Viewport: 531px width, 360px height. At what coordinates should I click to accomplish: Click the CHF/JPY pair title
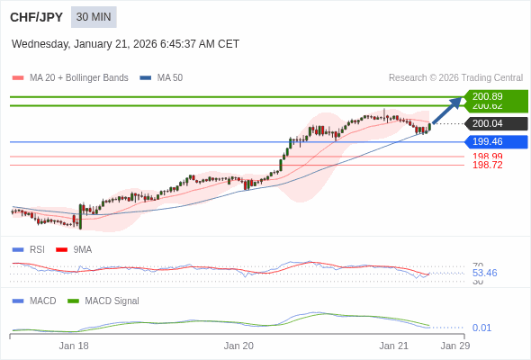click(37, 17)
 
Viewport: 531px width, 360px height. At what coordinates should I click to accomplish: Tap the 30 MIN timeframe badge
click(94, 17)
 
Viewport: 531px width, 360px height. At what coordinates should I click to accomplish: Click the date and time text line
click(125, 43)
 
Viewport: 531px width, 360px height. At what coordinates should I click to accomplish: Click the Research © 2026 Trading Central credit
click(455, 78)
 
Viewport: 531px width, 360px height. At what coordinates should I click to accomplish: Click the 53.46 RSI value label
click(484, 273)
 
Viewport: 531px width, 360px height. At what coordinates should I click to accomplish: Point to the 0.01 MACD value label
click(481, 328)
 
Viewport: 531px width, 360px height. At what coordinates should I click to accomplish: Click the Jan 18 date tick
click(74, 346)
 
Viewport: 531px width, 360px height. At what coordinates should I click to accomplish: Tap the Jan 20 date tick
click(238, 346)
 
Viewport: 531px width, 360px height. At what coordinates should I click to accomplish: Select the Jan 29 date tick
click(454, 346)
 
